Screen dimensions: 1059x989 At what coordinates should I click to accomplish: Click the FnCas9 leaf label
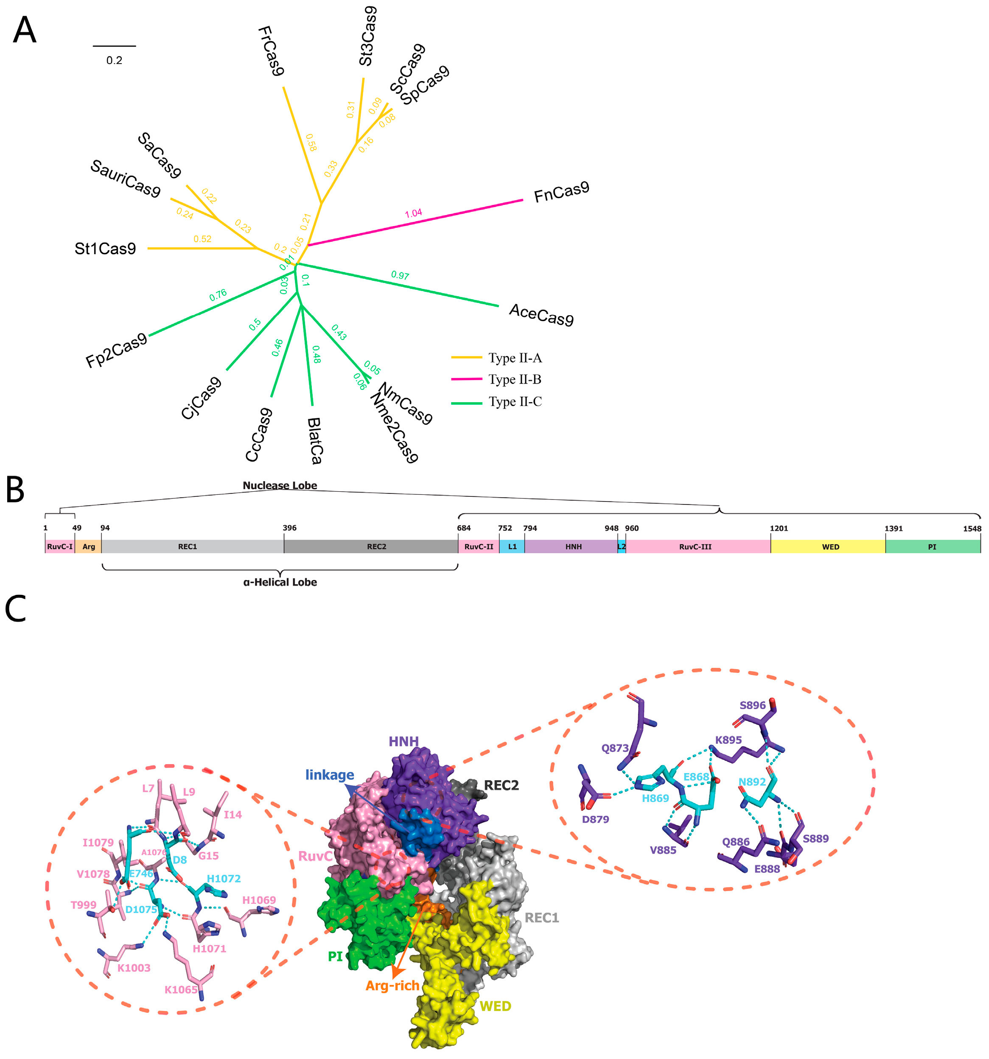[561, 192]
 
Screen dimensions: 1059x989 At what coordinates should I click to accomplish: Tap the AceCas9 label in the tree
[541, 314]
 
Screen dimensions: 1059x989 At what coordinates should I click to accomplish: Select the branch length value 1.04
[413, 213]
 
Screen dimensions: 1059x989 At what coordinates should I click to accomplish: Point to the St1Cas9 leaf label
[105, 249]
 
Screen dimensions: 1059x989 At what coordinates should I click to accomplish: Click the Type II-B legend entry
[515, 379]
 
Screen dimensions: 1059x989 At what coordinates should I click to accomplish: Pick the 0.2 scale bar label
[114, 61]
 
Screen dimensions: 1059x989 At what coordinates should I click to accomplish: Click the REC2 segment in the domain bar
[376, 546]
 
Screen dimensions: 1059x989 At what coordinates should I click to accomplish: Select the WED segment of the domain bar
[830, 546]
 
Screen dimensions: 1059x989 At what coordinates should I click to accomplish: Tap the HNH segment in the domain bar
[573, 546]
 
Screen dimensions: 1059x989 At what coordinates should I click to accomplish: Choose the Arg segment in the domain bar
[88, 546]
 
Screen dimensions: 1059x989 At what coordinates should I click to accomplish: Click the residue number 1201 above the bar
[779, 528]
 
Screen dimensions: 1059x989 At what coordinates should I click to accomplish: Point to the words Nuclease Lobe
[280, 485]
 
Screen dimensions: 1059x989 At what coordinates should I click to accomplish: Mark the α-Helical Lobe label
[280, 582]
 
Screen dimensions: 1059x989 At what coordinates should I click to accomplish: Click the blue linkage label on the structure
[330, 775]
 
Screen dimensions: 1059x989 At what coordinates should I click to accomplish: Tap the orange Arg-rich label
[392, 986]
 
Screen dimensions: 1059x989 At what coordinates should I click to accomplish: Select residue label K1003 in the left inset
[134, 968]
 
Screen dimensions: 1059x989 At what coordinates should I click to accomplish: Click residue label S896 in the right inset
[753, 705]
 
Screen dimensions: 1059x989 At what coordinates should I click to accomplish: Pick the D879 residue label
[595, 819]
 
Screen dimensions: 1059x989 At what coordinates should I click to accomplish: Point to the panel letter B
[15, 490]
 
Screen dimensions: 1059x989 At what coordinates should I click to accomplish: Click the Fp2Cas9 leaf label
[116, 350]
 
